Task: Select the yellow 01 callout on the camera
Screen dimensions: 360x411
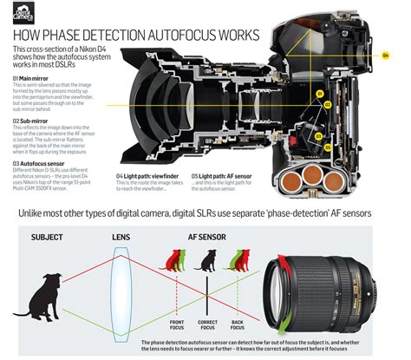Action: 318,93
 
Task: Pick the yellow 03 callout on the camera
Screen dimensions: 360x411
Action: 318,136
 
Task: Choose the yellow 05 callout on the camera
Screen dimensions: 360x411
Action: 318,122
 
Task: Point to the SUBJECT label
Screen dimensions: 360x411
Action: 47,212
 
